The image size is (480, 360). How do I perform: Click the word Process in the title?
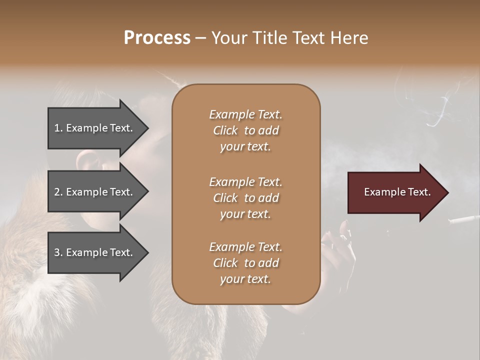157,38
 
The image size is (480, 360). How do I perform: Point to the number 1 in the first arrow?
57,128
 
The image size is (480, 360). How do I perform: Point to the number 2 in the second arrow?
57,192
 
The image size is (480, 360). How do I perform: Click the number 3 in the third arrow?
57,252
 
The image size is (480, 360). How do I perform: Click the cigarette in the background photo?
464,219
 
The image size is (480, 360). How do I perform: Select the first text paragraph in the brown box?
245,130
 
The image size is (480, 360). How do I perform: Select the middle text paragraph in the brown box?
245,198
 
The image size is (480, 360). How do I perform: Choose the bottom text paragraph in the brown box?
245,263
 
